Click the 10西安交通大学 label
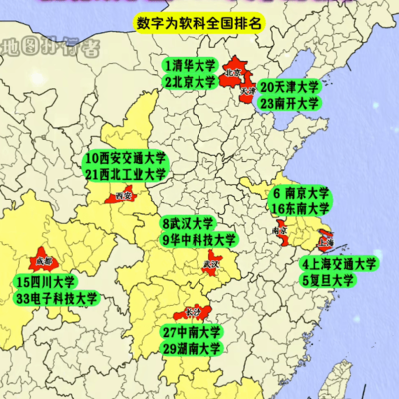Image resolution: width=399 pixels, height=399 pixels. [x=126, y=158]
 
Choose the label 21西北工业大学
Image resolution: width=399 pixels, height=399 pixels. [x=126, y=174]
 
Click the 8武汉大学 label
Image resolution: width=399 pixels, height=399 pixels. [x=188, y=223]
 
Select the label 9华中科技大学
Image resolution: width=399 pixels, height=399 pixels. [x=199, y=239]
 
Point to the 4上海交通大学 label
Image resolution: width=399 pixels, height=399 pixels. [x=339, y=265]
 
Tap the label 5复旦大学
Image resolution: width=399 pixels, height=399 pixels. [x=329, y=281]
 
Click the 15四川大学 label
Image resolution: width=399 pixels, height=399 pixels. [x=46, y=282]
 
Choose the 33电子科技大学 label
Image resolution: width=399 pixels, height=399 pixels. [x=57, y=298]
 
